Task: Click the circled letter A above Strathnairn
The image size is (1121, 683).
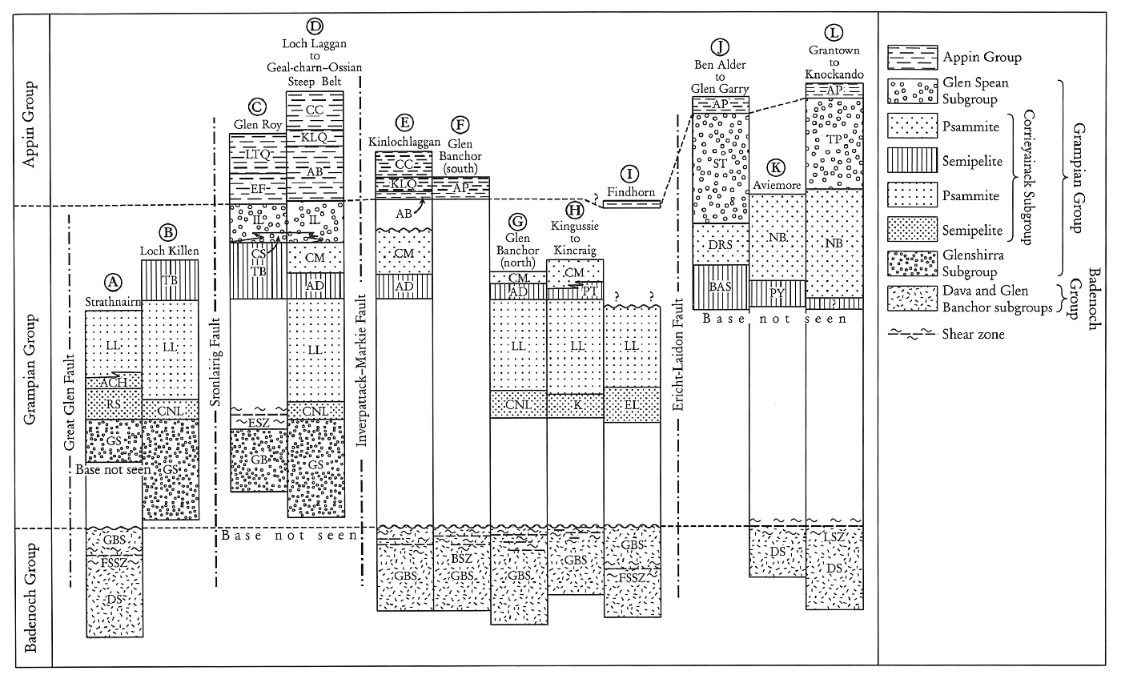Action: point(114,282)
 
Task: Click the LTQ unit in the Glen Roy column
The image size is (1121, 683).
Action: point(258,154)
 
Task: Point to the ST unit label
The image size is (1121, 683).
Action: point(721,164)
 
